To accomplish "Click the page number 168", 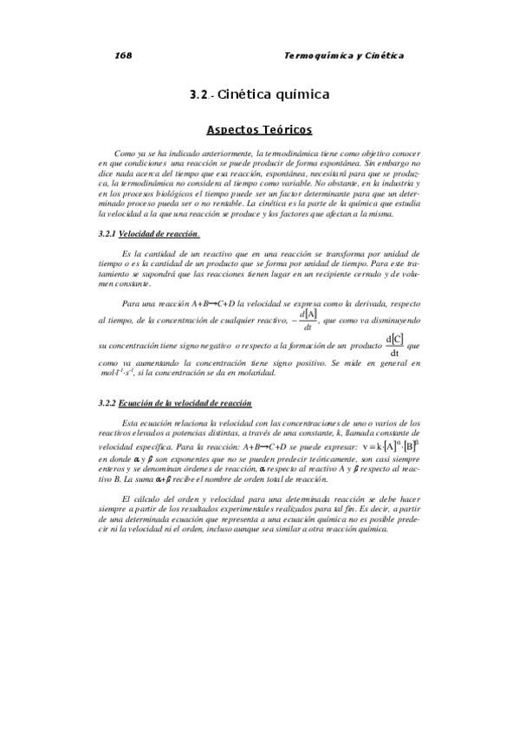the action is point(122,55).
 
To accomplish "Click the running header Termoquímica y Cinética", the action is point(344,55).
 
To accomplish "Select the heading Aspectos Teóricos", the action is point(259,130).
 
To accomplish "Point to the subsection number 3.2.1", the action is point(107,234).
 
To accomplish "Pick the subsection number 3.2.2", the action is point(107,403).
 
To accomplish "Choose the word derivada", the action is point(367,304).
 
